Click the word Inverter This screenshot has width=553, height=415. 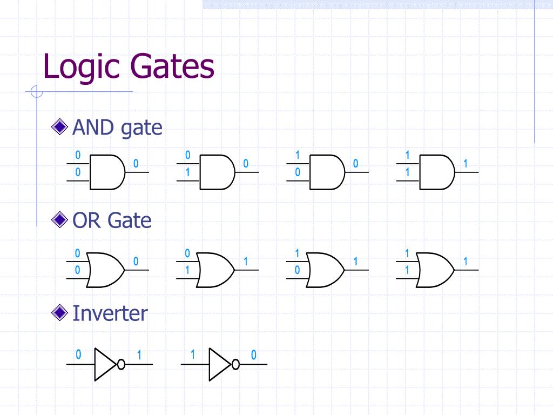point(110,313)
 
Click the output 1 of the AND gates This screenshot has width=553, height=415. point(465,163)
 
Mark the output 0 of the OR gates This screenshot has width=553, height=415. point(136,262)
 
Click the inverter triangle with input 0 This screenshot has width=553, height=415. point(105,364)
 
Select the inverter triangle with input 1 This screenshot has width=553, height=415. point(219,364)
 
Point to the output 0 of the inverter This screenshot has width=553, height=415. point(253,356)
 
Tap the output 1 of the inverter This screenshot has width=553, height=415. point(139,356)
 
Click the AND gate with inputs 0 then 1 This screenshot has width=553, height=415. point(217,172)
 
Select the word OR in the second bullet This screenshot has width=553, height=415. point(87,220)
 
